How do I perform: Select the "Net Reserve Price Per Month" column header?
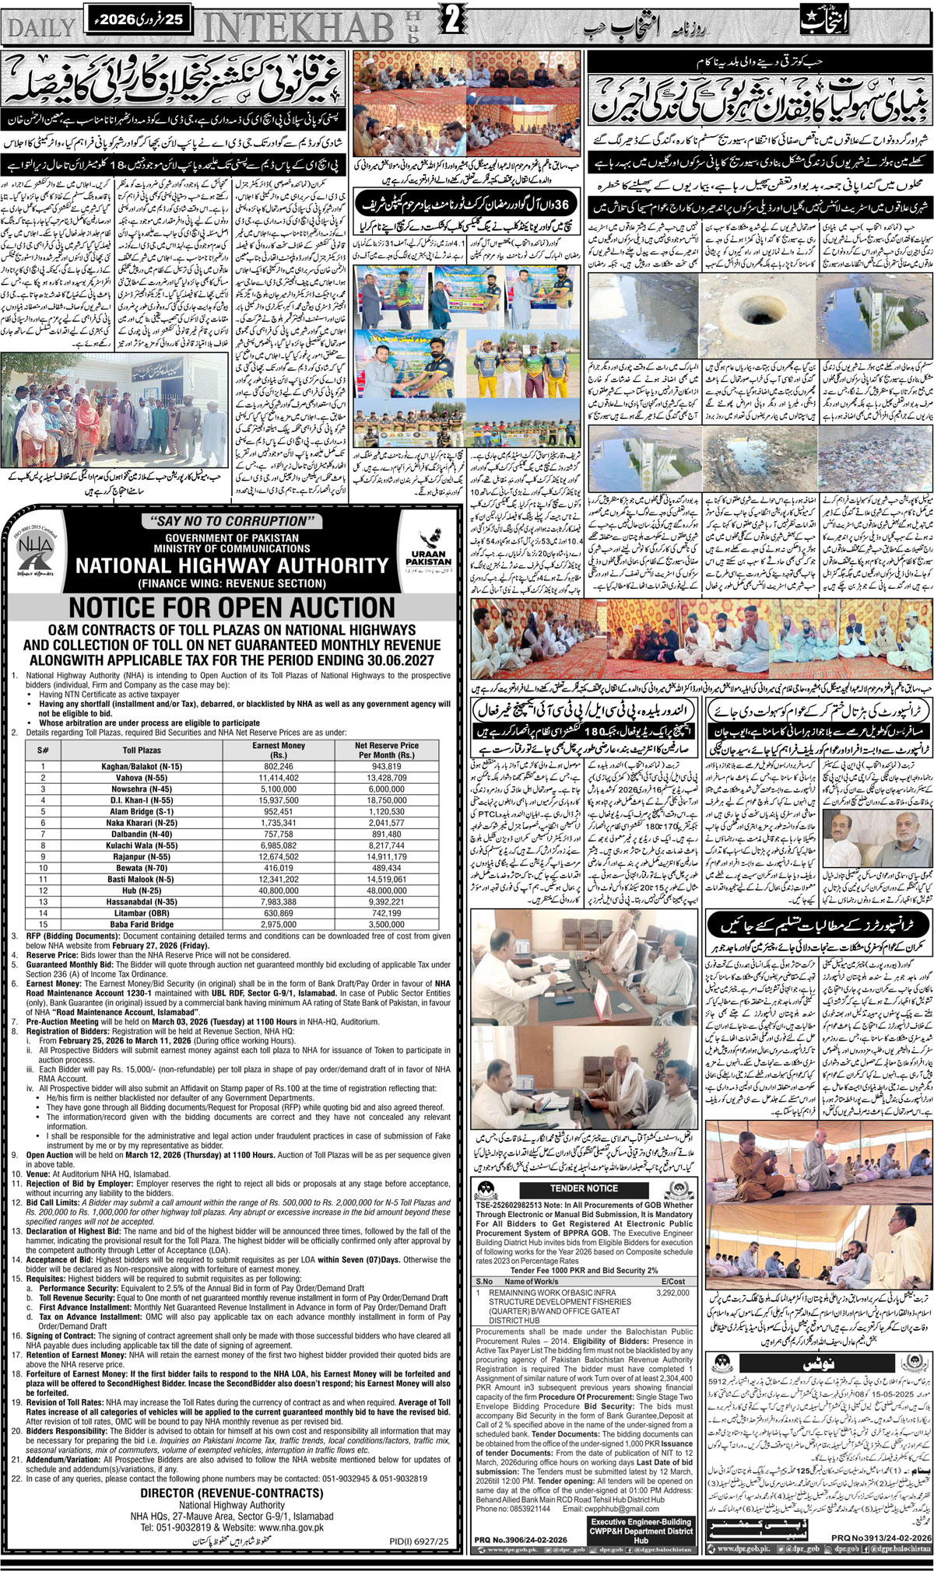click(x=387, y=750)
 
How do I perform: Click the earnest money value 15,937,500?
click(x=278, y=799)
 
